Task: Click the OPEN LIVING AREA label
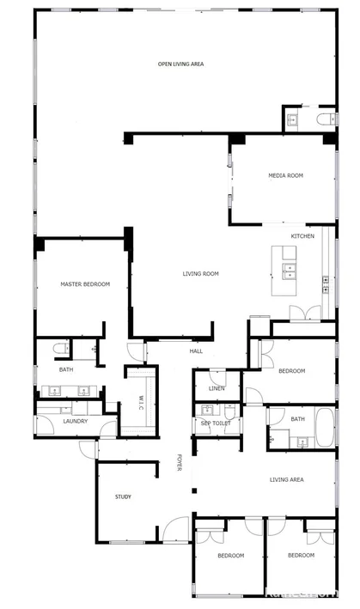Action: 180,64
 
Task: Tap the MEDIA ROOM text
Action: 286,175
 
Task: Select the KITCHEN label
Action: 302,236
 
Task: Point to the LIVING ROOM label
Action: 200,274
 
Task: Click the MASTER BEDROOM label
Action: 84,283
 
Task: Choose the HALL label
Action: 197,350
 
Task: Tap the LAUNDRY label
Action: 75,421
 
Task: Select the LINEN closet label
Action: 217,388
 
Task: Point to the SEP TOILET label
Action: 215,423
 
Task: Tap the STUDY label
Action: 123,496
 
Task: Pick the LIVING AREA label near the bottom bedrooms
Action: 286,479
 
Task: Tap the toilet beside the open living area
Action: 325,119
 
